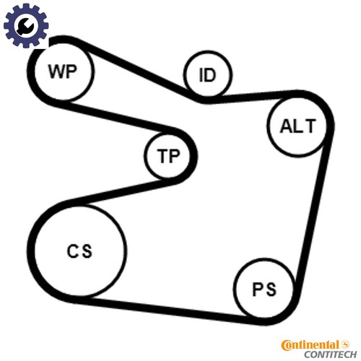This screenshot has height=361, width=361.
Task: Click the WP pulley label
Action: tap(63, 71)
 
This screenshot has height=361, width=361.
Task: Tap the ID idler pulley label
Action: tap(207, 75)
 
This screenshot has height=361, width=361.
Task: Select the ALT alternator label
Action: tap(297, 126)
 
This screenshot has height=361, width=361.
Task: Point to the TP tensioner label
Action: tap(168, 156)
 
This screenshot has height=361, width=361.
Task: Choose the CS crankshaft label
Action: tap(79, 251)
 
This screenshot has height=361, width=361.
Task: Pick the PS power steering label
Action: tap(264, 289)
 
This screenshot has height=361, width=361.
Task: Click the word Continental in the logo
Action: tap(310, 346)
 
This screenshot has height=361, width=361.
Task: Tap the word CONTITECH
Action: tap(330, 355)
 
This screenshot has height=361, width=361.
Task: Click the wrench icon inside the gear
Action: tap(25, 25)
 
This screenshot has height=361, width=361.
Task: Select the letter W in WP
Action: tap(56, 71)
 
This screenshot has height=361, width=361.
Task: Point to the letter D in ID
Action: tap(209, 75)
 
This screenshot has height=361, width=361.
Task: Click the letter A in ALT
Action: tap(286, 126)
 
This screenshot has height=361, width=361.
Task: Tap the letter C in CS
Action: tap(72, 251)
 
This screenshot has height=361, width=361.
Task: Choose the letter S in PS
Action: tap(271, 289)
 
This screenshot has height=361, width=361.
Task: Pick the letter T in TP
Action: tap(162, 156)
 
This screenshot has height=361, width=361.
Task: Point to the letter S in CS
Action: tap(87, 251)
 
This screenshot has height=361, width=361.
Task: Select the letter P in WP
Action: tap(71, 71)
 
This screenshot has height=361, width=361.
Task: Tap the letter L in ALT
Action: tap(298, 126)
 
